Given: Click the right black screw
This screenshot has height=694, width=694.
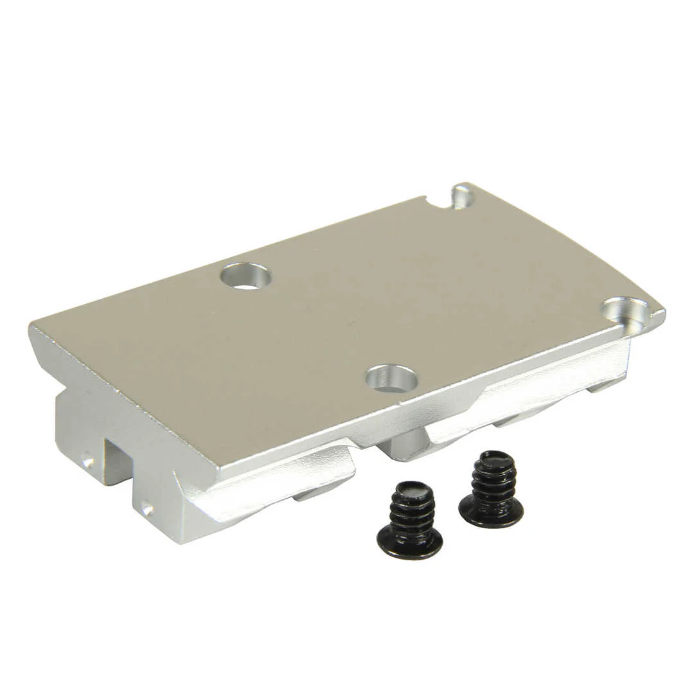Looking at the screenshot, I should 492,489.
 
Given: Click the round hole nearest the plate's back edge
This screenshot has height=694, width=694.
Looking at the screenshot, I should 245,276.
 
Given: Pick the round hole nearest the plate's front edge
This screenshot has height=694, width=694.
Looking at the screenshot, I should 391,378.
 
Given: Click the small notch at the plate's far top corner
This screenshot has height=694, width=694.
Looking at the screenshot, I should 461,196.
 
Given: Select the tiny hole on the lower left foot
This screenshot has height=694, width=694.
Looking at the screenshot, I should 147,510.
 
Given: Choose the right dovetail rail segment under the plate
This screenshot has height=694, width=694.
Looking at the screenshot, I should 527,393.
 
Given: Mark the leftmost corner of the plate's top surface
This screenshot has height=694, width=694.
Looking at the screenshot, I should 32,326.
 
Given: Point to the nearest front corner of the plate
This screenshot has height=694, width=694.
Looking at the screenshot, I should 215,472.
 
